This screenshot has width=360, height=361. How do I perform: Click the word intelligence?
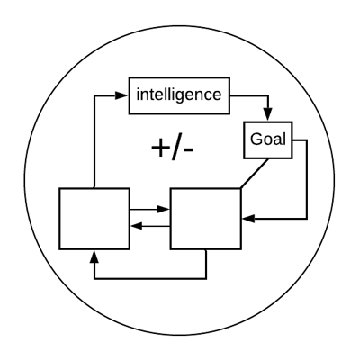click(x=179, y=95)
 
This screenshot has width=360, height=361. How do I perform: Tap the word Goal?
click(x=268, y=140)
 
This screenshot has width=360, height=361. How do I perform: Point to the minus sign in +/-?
click(x=188, y=150)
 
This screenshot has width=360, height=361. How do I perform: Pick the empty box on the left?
click(x=94, y=219)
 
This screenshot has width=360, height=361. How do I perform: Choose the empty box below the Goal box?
click(x=206, y=219)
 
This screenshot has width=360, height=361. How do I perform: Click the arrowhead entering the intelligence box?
click(x=121, y=95)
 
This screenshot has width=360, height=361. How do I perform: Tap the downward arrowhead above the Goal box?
click(x=268, y=114)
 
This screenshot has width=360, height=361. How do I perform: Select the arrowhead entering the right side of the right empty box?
click(x=248, y=219)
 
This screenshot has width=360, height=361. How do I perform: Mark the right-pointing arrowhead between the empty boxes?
click(x=164, y=209)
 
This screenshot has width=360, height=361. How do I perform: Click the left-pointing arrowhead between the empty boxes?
click(x=137, y=226)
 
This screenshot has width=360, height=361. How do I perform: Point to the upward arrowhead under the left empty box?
click(x=94, y=257)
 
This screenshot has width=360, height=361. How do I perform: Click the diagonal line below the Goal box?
click(x=255, y=174)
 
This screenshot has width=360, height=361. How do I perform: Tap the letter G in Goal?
click(x=256, y=140)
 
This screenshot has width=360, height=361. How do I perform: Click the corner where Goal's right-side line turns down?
click(x=307, y=140)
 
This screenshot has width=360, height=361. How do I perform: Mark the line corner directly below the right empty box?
click(x=206, y=279)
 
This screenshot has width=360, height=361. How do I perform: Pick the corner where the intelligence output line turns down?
click(x=268, y=95)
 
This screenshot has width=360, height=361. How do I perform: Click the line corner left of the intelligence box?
click(x=94, y=95)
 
